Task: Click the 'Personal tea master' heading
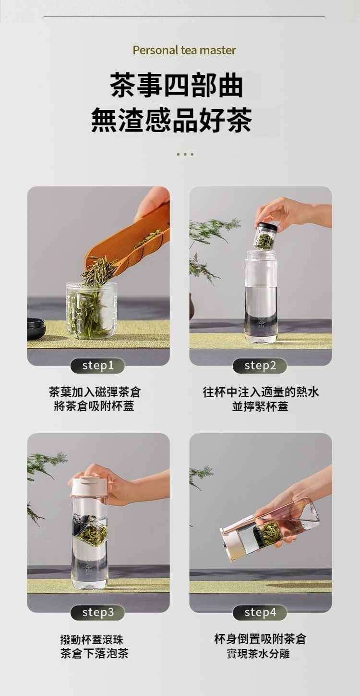[184, 50]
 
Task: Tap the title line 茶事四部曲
[177, 85]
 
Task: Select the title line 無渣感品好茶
[171, 120]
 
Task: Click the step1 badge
[97, 366]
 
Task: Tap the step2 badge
[260, 366]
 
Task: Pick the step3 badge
[97, 612]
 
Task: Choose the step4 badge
[260, 612]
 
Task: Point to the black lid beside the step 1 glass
[36, 329]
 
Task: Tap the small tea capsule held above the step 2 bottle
[264, 236]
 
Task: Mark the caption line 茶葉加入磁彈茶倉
[95, 392]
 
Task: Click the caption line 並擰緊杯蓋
[260, 406]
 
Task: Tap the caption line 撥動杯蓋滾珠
[92, 640]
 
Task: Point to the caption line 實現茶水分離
[258, 654]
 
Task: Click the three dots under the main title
[185, 154]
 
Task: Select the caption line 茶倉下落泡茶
[95, 654]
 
